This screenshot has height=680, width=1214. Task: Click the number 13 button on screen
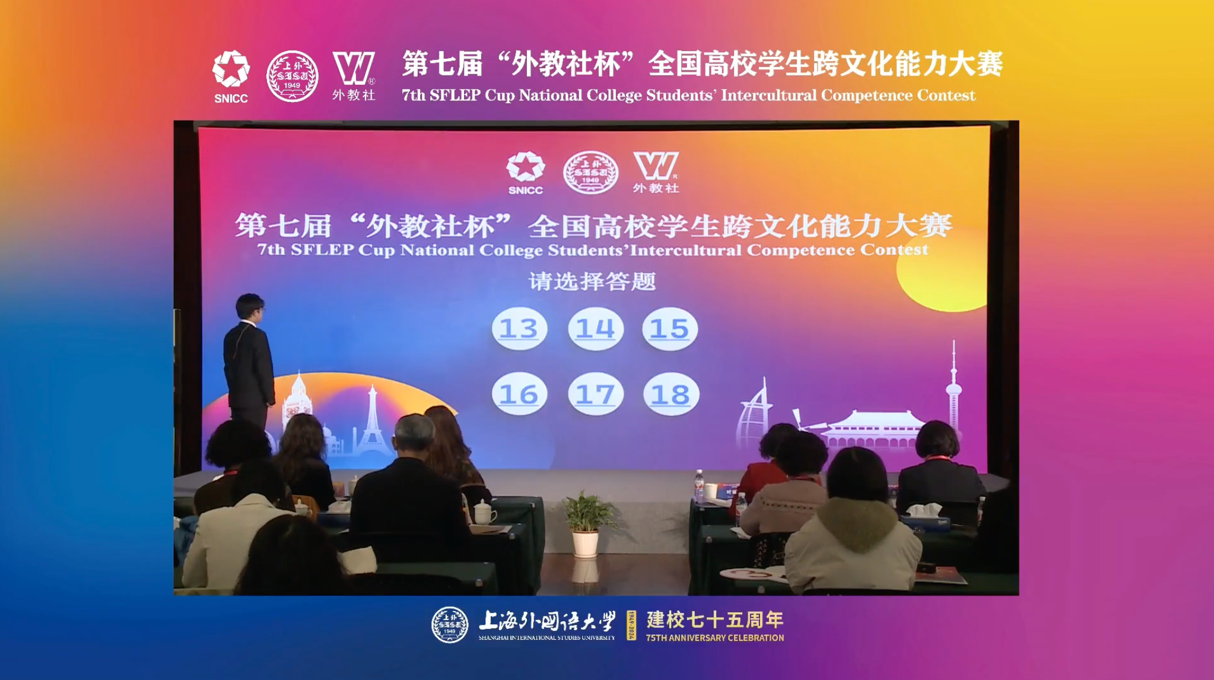coord(519,328)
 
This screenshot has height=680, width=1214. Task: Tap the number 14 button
coord(595,328)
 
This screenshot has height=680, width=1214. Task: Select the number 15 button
coord(670,328)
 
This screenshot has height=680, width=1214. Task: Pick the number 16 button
coord(519,394)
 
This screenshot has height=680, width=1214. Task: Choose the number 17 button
coord(595,394)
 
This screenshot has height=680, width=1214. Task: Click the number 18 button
coord(671,394)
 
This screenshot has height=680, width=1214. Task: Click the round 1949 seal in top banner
coord(292,76)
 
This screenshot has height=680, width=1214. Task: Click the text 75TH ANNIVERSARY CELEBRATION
coord(715,638)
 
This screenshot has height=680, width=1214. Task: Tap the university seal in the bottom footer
coord(450,625)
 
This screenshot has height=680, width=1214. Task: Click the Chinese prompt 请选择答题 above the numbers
coord(592,281)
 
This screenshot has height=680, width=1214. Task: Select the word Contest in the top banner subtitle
coord(946,96)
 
